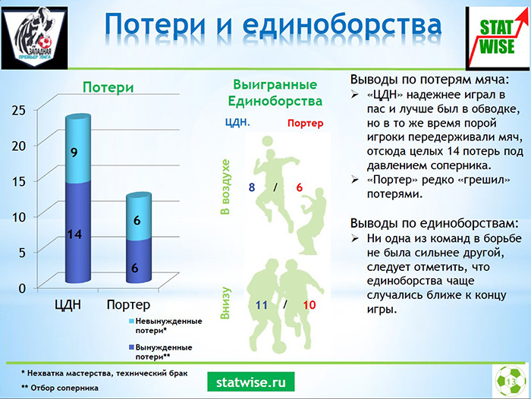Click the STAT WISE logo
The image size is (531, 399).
pos(498,38)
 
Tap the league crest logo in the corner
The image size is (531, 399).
pos(35,38)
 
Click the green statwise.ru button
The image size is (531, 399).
pos(251,382)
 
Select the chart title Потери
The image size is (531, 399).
pos(108,87)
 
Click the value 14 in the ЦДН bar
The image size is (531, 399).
pos(74,234)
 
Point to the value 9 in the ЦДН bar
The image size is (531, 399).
pos(74,152)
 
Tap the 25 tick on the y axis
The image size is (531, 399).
pos(19,110)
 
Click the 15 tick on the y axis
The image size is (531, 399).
pos(19,181)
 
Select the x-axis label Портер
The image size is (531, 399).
pos(128,304)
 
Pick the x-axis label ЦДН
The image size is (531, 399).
pos(68,304)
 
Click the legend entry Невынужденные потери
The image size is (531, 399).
pos(165,325)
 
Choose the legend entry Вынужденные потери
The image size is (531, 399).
pos(160,352)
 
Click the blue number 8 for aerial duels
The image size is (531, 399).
pos(252,187)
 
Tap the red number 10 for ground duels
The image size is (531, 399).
pos(309,305)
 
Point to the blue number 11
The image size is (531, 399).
pos(262,305)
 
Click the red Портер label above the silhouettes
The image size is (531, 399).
pos(306,123)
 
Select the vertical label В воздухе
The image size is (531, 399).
pos(225,187)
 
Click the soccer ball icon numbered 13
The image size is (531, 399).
pos(511,381)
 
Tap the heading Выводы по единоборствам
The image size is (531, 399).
pos(435,224)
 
